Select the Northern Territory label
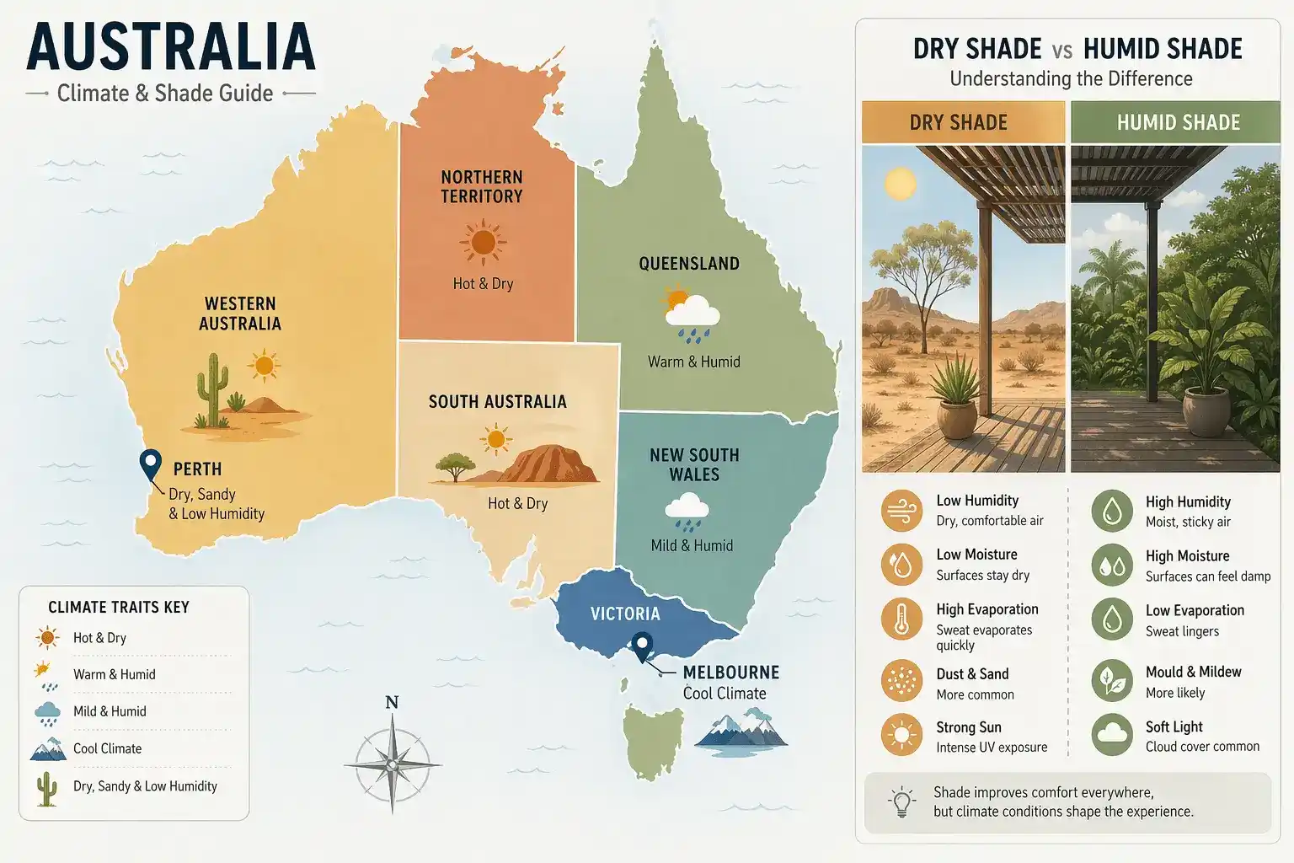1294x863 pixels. pos(482,187)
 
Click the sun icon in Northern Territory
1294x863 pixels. pos(483,243)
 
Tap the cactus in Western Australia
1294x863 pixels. pos(211,389)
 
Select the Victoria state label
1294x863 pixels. pos(625,614)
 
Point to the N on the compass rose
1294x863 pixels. pos(392,703)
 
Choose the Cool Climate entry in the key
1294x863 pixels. pos(107,748)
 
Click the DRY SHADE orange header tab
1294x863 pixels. pos(962,122)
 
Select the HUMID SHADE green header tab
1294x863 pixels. pos(1178,122)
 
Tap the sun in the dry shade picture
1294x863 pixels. pos(900,183)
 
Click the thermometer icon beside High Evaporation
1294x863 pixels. pos(901,619)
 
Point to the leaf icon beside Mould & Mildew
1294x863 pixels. pos(1112,681)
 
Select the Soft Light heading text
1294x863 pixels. pos(1174,726)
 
